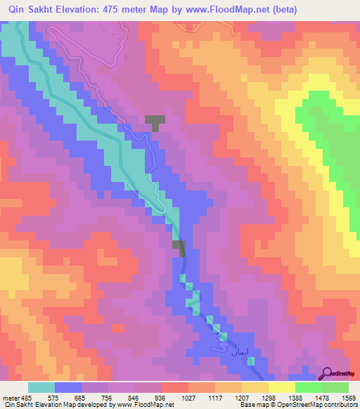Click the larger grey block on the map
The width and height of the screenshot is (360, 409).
pyautogui.click(x=155, y=121)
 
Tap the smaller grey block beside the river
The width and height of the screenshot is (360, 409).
pyautogui.click(x=179, y=247)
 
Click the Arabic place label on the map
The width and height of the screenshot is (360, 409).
pyautogui.click(x=220, y=348)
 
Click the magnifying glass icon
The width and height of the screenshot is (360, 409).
pyautogui.click(x=327, y=372)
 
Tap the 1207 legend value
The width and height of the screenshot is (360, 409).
pyautogui.click(x=242, y=398)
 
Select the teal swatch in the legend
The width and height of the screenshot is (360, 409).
pyautogui.click(x=41, y=387)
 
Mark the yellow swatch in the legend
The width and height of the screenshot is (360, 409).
pyautogui.click(x=282, y=387)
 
